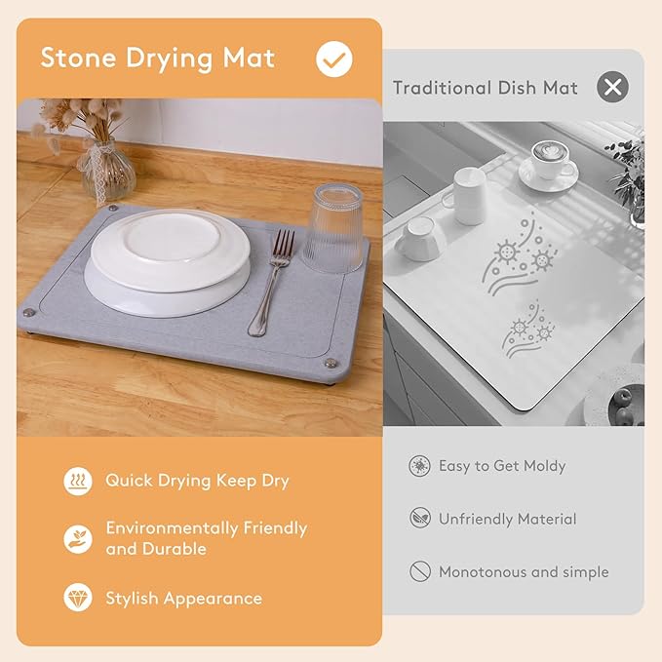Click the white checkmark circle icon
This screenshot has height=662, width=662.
[x=334, y=58]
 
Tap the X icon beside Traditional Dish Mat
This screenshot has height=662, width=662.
[x=612, y=88]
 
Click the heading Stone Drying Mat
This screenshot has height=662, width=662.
[x=157, y=58]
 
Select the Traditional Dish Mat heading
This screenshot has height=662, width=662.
[x=485, y=88]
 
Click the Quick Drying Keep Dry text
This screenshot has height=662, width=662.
[x=197, y=481]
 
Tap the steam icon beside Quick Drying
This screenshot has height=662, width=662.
[x=78, y=481]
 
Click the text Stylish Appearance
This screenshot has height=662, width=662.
[x=183, y=598]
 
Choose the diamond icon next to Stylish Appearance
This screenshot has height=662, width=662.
[x=78, y=598]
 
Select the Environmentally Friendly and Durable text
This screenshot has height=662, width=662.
[x=206, y=538]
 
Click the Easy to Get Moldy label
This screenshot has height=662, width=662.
[x=501, y=466]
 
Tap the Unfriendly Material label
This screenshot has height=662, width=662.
[x=507, y=519]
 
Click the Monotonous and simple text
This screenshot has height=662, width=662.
[x=523, y=571]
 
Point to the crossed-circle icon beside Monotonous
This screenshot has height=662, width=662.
[x=419, y=571]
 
